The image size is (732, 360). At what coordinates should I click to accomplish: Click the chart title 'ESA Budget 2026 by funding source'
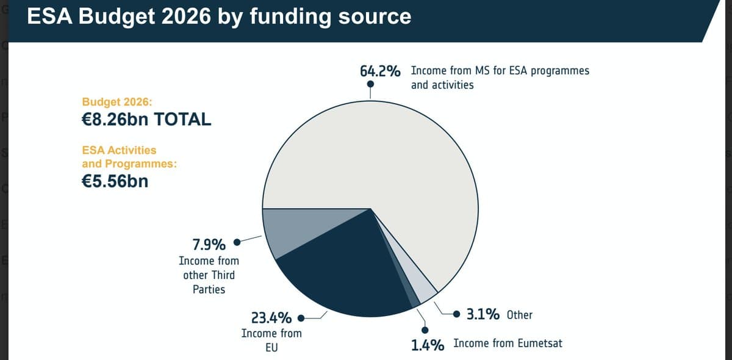pos(219,16)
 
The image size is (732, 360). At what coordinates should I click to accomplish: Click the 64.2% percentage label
pos(380,71)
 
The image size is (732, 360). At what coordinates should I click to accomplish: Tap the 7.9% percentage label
pos(209,245)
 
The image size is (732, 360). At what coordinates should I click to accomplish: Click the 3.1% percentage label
pos(483,315)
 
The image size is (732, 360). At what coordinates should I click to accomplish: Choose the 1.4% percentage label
pos(427,345)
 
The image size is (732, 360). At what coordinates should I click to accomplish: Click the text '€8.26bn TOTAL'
pos(146,120)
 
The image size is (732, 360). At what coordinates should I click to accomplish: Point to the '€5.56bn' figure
pos(115,182)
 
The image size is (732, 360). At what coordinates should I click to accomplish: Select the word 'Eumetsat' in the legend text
pos(539,344)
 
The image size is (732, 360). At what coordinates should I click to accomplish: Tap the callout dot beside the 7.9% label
pos(237,241)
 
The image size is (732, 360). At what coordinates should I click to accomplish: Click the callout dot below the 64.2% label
pos(370,85)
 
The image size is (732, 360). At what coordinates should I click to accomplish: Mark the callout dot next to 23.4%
pos(300,317)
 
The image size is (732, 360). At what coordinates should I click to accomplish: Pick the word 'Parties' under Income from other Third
pos(209,289)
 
